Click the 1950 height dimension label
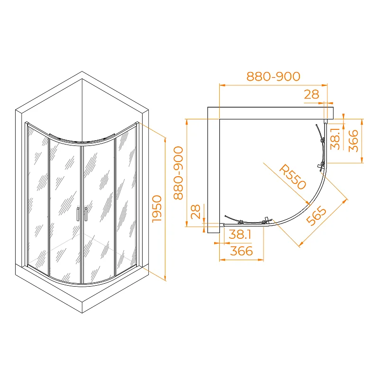pyautogui.click(x=157, y=208)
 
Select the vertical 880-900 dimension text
pyautogui.click(x=178, y=173)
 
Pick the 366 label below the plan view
pyautogui.click(x=242, y=251)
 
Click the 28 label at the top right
pyautogui.click(x=311, y=94)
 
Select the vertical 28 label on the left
pyautogui.click(x=195, y=211)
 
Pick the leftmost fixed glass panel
pyautogui.click(x=37, y=199)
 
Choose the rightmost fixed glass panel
pyautogui.click(x=126, y=199)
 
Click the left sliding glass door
pyautogui.click(x=64, y=208)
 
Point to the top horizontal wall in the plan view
pyautogui.click(x=275, y=113)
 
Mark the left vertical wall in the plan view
pyautogui.click(x=213, y=171)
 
